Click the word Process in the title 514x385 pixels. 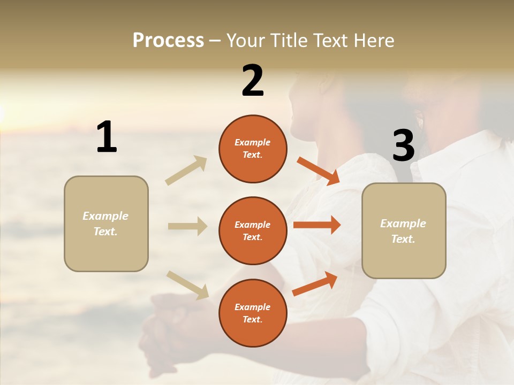[x=168, y=41]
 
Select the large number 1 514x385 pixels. [x=107, y=137]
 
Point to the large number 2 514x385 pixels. [x=253, y=81]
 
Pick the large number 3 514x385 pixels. [x=403, y=146]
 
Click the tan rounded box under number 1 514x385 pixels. [x=106, y=224]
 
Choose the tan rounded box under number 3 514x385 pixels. [x=404, y=231]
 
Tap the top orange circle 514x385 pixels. [x=253, y=149]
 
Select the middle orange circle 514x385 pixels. [x=253, y=231]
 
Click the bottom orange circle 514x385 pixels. [x=253, y=313]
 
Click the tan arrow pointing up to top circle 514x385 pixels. [x=186, y=171]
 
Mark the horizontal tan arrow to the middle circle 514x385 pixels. [x=187, y=226]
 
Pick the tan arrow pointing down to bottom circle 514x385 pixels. [x=187, y=284]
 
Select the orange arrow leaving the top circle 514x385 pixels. [x=318, y=171]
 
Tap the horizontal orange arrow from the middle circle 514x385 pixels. [x=317, y=225]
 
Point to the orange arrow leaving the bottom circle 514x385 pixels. [x=315, y=283]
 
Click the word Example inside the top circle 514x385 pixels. [x=253, y=143]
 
